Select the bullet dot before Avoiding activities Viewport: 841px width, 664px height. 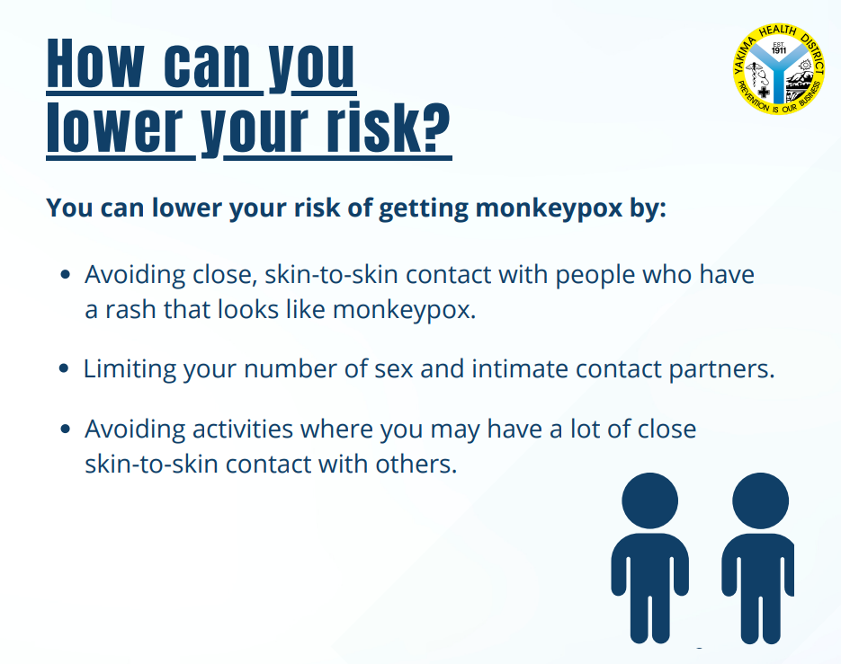coord(65,429)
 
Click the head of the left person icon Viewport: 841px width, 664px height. coord(649,501)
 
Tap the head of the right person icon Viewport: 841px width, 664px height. coord(760,501)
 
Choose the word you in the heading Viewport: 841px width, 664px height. coord(310,65)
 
